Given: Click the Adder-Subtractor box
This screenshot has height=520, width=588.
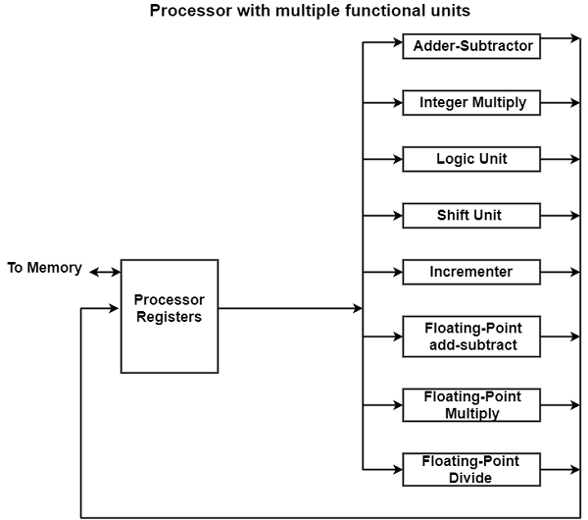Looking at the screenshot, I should click(x=471, y=45).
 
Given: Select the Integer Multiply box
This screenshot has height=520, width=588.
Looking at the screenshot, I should click(x=471, y=102).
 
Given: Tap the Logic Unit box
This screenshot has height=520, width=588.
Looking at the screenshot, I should click(x=471, y=159).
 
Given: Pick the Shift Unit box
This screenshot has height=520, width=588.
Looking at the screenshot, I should click(x=471, y=215).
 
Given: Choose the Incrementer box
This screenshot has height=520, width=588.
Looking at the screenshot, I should click(x=471, y=272).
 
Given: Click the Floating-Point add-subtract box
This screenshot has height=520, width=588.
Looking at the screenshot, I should click(x=471, y=337).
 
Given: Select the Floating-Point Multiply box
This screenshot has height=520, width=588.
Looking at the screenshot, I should click(x=471, y=404).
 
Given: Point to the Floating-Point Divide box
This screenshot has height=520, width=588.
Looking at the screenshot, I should click(x=471, y=469).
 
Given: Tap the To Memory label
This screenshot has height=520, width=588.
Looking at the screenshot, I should click(x=45, y=268).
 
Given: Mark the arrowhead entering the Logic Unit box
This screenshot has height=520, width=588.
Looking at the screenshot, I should click(x=397, y=159).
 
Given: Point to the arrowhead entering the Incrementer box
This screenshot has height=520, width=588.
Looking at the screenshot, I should click(x=397, y=272).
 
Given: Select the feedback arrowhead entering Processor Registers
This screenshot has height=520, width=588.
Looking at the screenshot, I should click(x=115, y=308).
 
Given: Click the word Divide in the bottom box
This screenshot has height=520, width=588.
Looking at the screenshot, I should click(x=471, y=478).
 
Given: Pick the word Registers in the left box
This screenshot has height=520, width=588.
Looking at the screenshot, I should click(x=170, y=317).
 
